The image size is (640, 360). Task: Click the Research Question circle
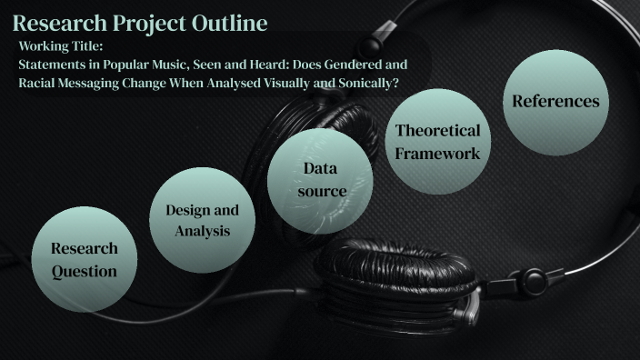(84, 259)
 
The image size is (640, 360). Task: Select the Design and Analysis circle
(202, 220)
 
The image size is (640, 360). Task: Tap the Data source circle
(325, 179)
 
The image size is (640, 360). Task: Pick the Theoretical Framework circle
(437, 141)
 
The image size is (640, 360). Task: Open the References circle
(555, 101)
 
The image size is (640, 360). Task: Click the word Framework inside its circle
(437, 153)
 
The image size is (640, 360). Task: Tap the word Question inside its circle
(84, 271)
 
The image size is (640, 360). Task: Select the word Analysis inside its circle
(202, 231)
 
